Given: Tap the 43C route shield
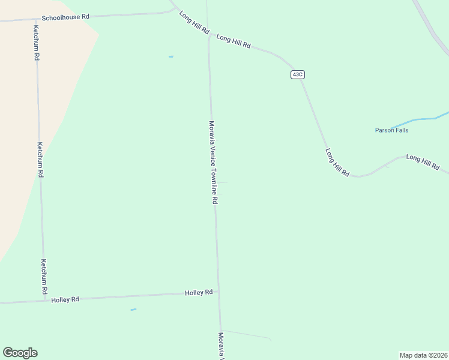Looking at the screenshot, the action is click(297, 74).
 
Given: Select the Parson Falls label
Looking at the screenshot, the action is click(391, 130).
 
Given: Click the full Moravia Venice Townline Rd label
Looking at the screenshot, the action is click(212, 162).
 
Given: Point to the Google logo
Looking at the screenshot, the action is click(20, 353).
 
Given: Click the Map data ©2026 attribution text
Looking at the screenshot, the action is click(423, 355).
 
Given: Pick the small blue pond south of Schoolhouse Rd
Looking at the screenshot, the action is click(171, 56).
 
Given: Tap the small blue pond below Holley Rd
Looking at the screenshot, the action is click(133, 310).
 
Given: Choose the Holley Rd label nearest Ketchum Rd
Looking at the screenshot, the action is click(65, 299).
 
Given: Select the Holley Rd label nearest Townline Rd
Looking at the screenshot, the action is click(199, 293).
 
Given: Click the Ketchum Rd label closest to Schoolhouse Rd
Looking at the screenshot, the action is click(37, 43).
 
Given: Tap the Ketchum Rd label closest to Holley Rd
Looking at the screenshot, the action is click(43, 276).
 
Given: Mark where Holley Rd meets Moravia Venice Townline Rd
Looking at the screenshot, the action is click(218, 292).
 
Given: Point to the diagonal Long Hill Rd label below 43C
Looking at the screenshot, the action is click(337, 162).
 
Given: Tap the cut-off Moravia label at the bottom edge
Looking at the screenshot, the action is click(221, 346).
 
